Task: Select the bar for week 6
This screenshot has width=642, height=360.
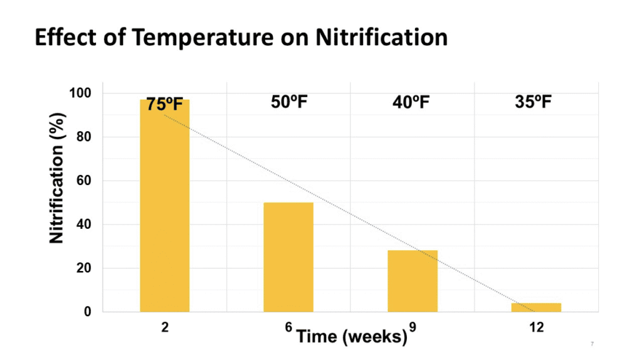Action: click(288, 257)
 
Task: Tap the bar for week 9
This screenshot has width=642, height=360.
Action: click(413, 281)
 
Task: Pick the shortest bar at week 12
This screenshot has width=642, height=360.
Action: click(536, 307)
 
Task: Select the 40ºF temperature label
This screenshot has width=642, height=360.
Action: click(411, 102)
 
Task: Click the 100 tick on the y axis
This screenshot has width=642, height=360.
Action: click(81, 93)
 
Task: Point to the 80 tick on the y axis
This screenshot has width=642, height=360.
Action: click(84, 137)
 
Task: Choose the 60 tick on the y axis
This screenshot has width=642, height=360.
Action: click(84, 181)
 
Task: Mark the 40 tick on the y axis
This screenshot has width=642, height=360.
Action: click(84, 225)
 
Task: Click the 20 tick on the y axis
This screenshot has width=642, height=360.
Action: click(84, 268)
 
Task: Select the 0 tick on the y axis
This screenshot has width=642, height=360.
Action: click(88, 312)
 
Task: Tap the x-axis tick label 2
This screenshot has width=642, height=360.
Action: click(164, 327)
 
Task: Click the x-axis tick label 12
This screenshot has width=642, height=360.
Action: click(536, 327)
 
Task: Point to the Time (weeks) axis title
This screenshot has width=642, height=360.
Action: click(351, 337)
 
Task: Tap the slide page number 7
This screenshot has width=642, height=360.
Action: click(592, 344)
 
